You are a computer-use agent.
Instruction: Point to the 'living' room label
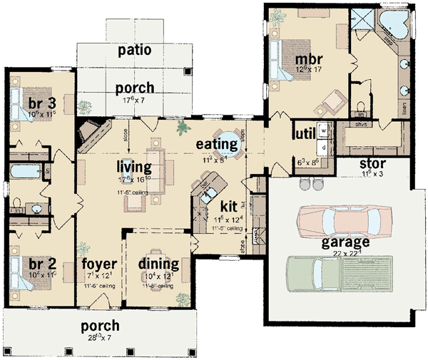coord(135,167)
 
